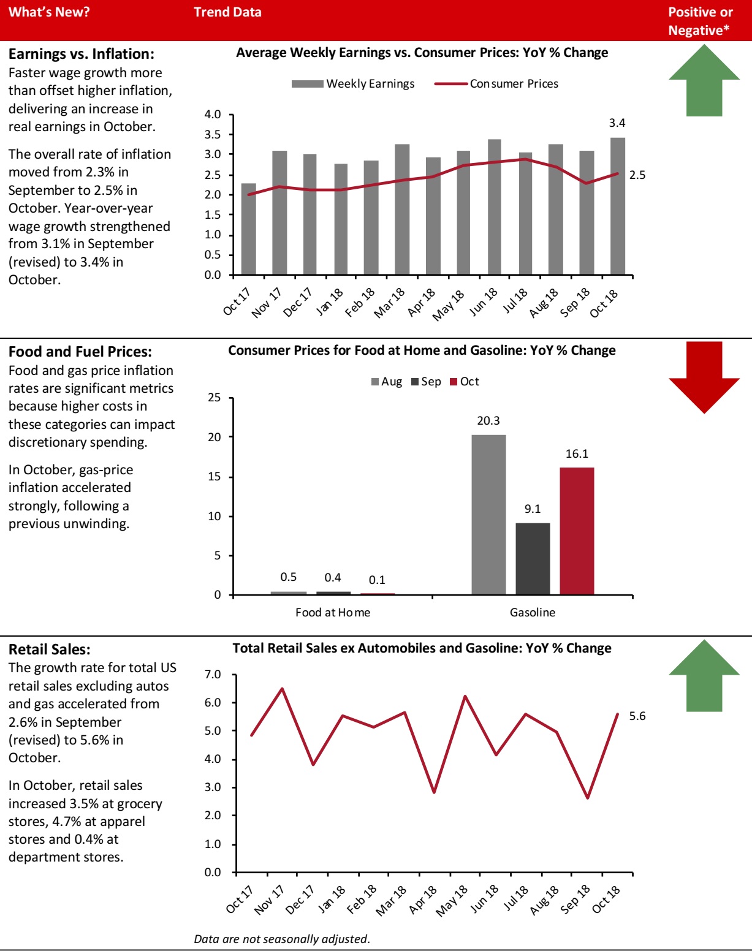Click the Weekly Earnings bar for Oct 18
click(x=618, y=206)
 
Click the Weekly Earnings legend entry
click(x=353, y=84)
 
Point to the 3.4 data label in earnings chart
click(x=617, y=123)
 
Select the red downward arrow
click(x=704, y=376)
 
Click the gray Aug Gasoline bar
click(x=488, y=515)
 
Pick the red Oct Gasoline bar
click(x=577, y=531)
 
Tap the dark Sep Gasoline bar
click(x=533, y=558)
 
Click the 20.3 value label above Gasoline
click(x=488, y=421)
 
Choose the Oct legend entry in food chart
click(x=465, y=382)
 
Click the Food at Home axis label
click(x=333, y=612)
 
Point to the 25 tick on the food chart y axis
click(x=214, y=398)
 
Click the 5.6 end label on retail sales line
click(x=637, y=716)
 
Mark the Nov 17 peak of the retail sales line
click(x=282, y=689)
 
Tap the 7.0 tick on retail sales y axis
click(x=212, y=675)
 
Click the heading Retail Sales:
click(x=49, y=650)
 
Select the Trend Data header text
click(x=227, y=12)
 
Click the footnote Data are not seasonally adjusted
click(x=282, y=939)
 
